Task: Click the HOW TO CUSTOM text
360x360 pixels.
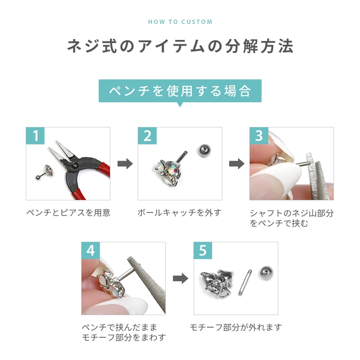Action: click(x=180, y=22)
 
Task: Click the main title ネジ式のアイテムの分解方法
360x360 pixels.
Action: click(x=180, y=47)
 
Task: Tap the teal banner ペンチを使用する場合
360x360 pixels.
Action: click(x=180, y=90)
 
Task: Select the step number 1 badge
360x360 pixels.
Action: click(x=36, y=136)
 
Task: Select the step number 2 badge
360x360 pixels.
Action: click(x=147, y=136)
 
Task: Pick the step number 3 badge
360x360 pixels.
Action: click(x=259, y=136)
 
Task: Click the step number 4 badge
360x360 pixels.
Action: click(x=91, y=251)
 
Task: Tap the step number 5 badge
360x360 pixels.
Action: click(x=203, y=251)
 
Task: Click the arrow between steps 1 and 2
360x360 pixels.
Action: click(x=125, y=163)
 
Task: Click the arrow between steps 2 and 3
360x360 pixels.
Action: click(x=236, y=163)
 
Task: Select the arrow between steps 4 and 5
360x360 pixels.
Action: click(x=180, y=278)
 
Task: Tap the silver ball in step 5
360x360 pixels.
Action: click(x=266, y=272)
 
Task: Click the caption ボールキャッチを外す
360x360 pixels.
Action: click(x=180, y=213)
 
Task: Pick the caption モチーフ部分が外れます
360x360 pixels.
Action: click(x=235, y=327)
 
